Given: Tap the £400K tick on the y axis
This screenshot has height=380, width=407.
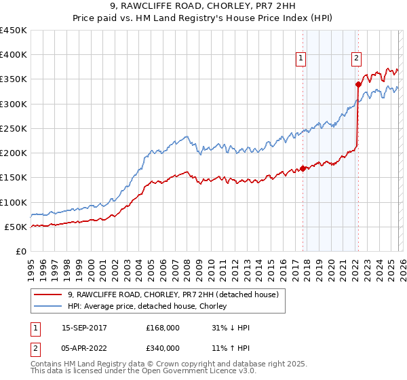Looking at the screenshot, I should point(14,55).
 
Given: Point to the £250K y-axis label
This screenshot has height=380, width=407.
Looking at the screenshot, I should point(14,128).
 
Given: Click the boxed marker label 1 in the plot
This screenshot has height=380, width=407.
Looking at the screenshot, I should point(301,58).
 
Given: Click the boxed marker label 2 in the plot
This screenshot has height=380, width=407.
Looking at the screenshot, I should point(356,58).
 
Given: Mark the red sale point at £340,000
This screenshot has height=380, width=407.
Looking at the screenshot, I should point(357,85).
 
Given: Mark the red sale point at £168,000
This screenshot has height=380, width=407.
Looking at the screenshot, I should point(303,169).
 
